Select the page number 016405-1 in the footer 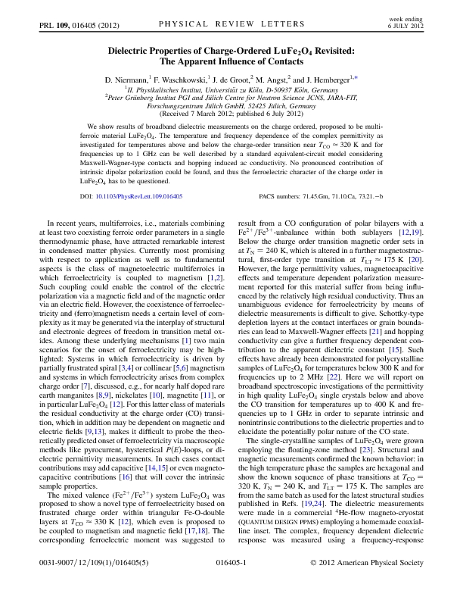(231, 585)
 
